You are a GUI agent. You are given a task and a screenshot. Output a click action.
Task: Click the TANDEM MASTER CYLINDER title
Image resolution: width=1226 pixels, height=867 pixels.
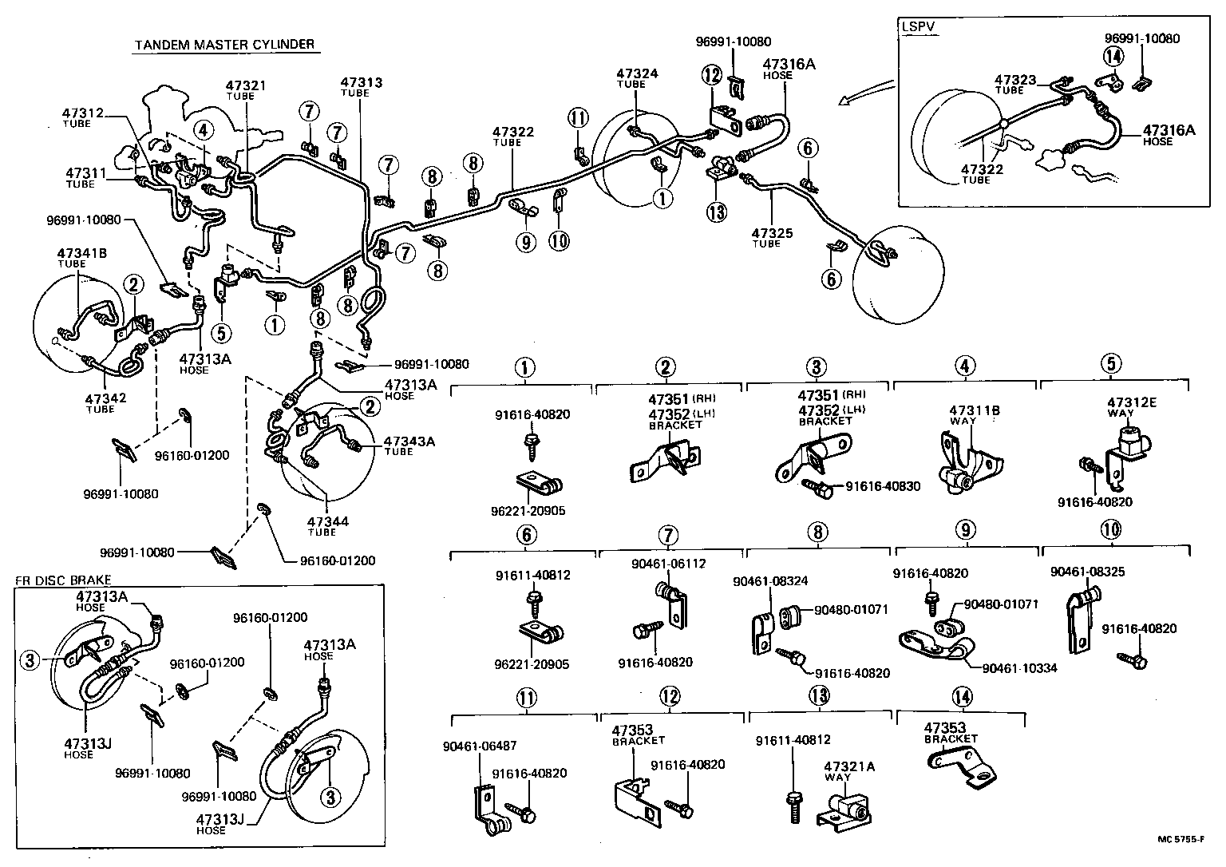224,45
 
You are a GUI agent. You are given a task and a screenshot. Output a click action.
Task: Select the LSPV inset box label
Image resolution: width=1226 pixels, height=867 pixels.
917,26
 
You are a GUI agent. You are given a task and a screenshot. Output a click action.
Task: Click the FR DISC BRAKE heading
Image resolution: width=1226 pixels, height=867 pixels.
63,580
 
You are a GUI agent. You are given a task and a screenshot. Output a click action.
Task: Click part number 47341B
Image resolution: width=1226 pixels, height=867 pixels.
81,254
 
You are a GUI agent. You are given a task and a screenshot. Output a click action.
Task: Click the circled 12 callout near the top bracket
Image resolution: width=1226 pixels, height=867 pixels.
711,75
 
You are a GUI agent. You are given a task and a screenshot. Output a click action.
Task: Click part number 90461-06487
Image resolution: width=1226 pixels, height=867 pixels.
479,746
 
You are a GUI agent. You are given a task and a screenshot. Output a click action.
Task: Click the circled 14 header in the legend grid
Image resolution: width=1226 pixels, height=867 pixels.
963,697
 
